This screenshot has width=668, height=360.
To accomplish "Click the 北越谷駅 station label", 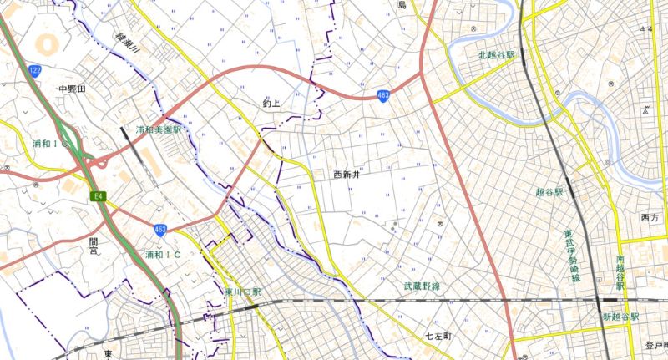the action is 497,55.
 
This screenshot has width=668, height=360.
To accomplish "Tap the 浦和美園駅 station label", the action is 159,131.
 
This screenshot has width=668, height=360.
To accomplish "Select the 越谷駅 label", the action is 549,192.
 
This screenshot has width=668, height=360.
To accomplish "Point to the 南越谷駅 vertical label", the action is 620,276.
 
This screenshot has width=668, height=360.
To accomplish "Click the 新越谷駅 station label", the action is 620,317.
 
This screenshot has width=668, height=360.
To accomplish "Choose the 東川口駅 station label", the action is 244,292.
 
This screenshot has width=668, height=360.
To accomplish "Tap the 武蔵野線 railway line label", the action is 422,286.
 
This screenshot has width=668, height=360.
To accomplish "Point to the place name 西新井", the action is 346,175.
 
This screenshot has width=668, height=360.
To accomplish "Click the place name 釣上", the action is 271,104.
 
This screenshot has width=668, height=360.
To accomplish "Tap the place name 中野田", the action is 73,89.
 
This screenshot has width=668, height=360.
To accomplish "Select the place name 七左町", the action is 438,335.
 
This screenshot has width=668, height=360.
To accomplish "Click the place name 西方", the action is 649,218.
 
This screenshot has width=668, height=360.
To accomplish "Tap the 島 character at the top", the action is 401,6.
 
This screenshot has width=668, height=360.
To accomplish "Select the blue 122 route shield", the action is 34,70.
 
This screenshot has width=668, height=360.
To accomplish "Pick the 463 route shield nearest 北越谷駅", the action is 382,96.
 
